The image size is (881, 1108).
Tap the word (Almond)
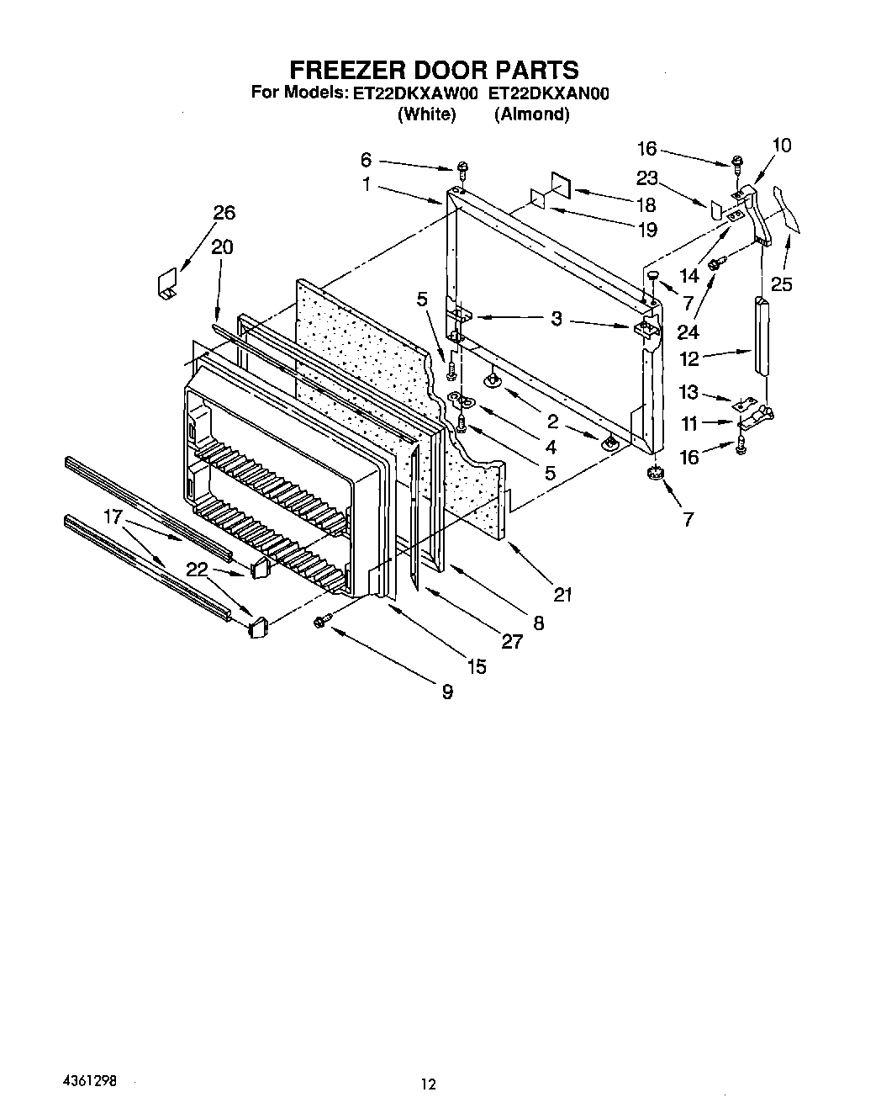coord(531,114)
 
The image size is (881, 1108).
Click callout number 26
coord(224,213)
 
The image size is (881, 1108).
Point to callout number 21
coord(562,595)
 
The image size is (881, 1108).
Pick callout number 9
coord(447,692)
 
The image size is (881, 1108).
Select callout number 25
coord(781,284)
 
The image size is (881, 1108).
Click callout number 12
coord(689,359)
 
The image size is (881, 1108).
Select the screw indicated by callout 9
coord(320,622)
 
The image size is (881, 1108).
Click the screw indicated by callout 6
coord(463,167)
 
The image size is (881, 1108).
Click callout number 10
coord(781,146)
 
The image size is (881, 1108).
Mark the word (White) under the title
coord(426,114)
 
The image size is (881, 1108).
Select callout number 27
coord(512,641)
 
